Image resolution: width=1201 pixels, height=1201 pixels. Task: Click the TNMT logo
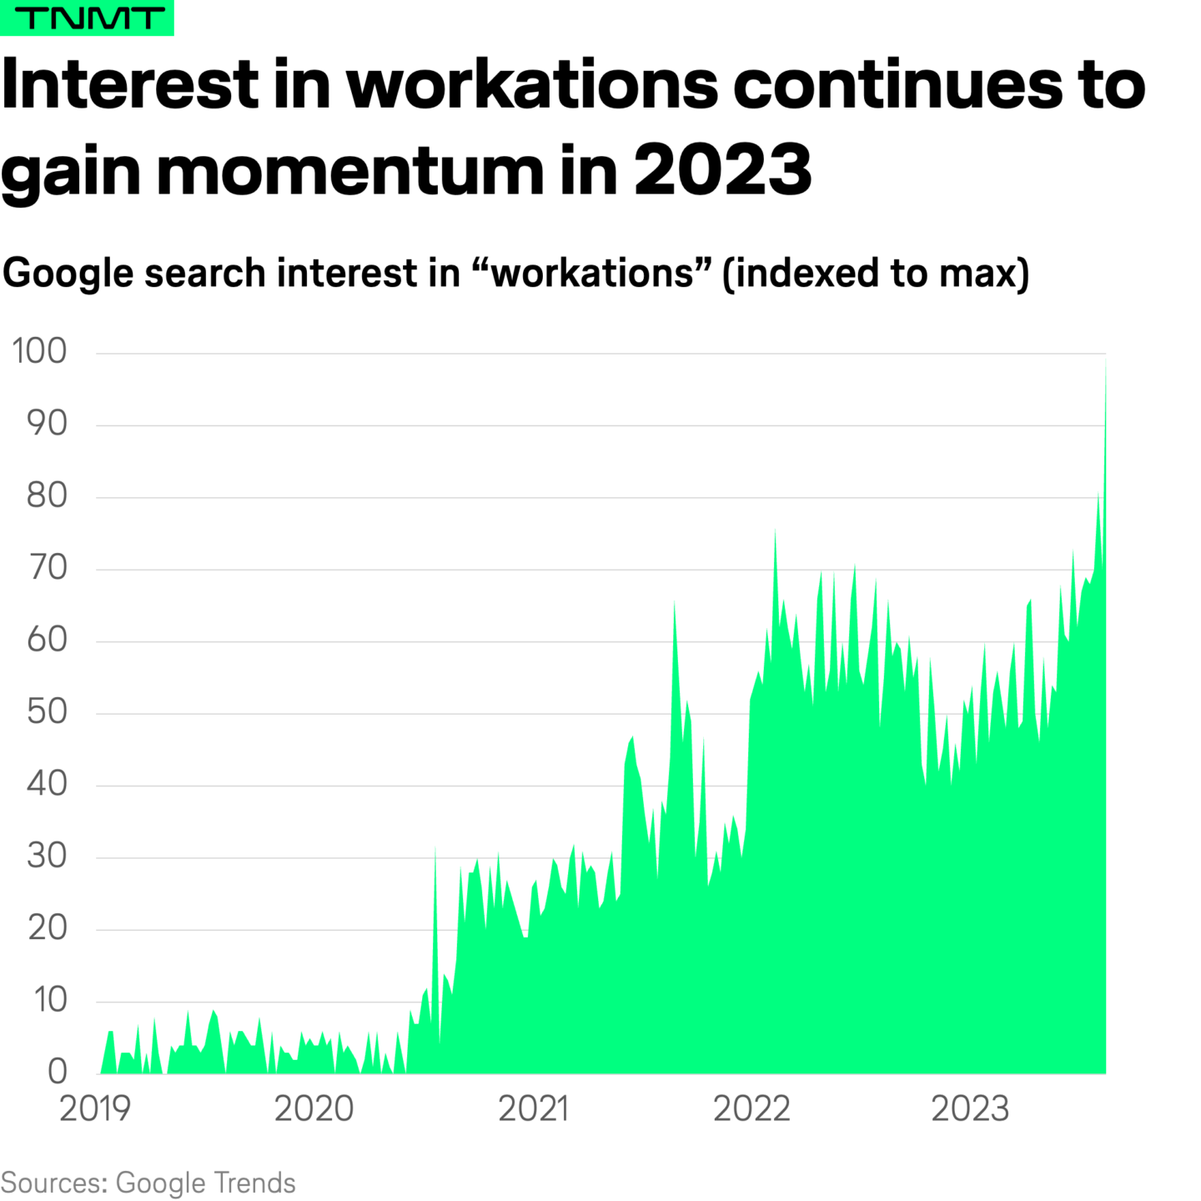87,18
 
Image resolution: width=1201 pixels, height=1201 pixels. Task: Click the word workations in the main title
532,85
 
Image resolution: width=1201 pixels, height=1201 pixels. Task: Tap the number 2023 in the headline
722,170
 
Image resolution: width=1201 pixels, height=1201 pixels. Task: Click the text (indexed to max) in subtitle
876,274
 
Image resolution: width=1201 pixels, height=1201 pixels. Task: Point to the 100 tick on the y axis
39,351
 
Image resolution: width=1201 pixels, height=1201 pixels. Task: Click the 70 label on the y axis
47,568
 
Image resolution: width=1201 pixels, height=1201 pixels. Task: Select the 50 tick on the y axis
47,712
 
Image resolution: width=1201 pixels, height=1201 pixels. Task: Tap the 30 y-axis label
47,857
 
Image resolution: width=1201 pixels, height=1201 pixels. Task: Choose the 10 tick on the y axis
50,1000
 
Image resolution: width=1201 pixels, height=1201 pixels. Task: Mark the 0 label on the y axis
57,1072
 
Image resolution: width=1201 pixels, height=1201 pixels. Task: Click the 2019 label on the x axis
95,1109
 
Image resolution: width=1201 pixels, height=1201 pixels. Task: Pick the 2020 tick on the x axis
314,1109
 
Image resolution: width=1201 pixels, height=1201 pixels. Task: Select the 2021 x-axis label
534,1109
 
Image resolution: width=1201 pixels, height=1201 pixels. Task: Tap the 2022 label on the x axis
751,1109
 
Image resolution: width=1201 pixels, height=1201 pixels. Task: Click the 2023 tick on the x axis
970,1109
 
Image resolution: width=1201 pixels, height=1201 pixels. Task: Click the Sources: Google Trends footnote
148,1183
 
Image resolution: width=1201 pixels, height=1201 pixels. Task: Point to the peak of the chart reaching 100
1105,357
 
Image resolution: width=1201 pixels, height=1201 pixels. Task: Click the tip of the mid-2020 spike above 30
435,847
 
